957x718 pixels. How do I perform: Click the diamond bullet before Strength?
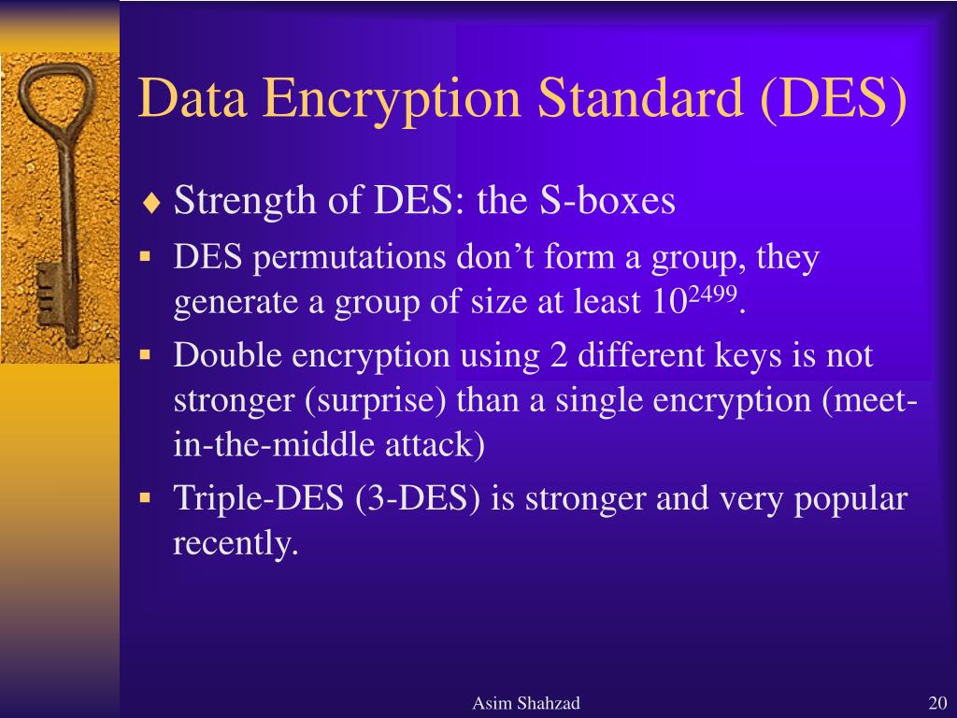(x=151, y=203)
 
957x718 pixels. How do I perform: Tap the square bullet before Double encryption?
(x=145, y=354)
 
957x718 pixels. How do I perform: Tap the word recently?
(x=235, y=543)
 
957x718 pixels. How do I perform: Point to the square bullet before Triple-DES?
(x=145, y=497)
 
